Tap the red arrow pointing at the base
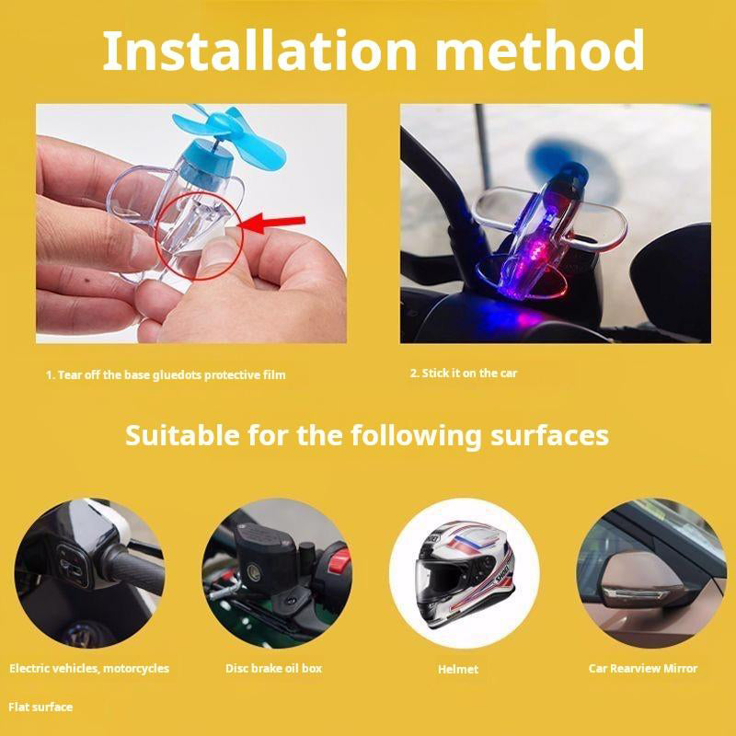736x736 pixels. (273, 222)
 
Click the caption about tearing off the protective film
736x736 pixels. (166, 374)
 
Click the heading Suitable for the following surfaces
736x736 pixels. (366, 434)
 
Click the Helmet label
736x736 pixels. (458, 669)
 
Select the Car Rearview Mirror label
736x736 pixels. (643, 668)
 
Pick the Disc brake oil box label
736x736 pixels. (273, 668)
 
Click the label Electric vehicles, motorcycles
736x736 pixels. (89, 668)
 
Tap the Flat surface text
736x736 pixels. (40, 707)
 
